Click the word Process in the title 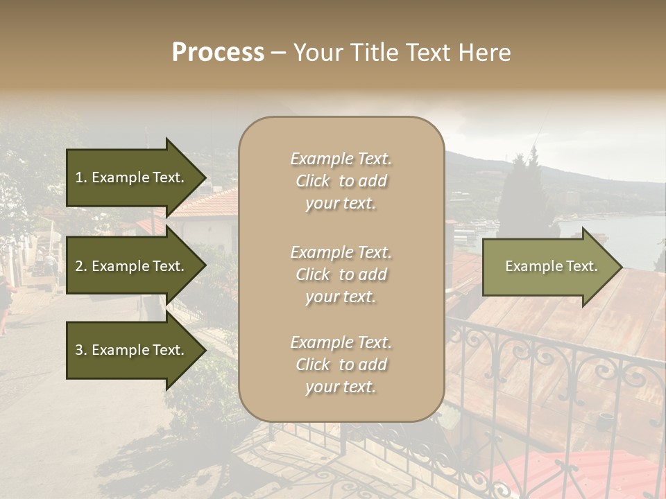point(218,53)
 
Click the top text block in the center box point(341,181)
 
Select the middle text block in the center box point(341,274)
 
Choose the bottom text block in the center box point(341,365)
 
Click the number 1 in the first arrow point(79,177)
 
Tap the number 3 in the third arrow point(79,350)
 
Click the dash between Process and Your point(279,53)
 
